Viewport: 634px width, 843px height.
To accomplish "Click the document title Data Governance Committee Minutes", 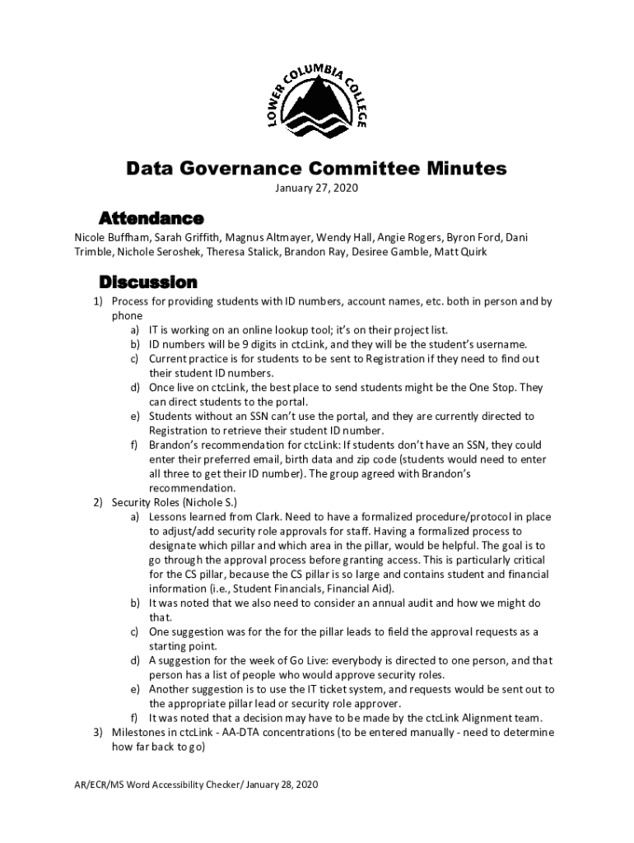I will click(x=316, y=169).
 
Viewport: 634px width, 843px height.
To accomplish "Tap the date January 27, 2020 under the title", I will click(x=316, y=189).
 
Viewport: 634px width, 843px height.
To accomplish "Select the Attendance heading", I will click(x=151, y=218).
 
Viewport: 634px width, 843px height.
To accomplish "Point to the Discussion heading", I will click(x=147, y=282).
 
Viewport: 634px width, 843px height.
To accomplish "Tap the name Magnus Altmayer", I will click(x=268, y=237).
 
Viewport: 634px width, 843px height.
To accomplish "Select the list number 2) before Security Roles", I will click(x=97, y=502).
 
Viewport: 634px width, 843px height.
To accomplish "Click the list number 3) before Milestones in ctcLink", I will click(x=97, y=732).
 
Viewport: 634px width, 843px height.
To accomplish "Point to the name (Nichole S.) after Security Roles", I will click(x=212, y=502).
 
